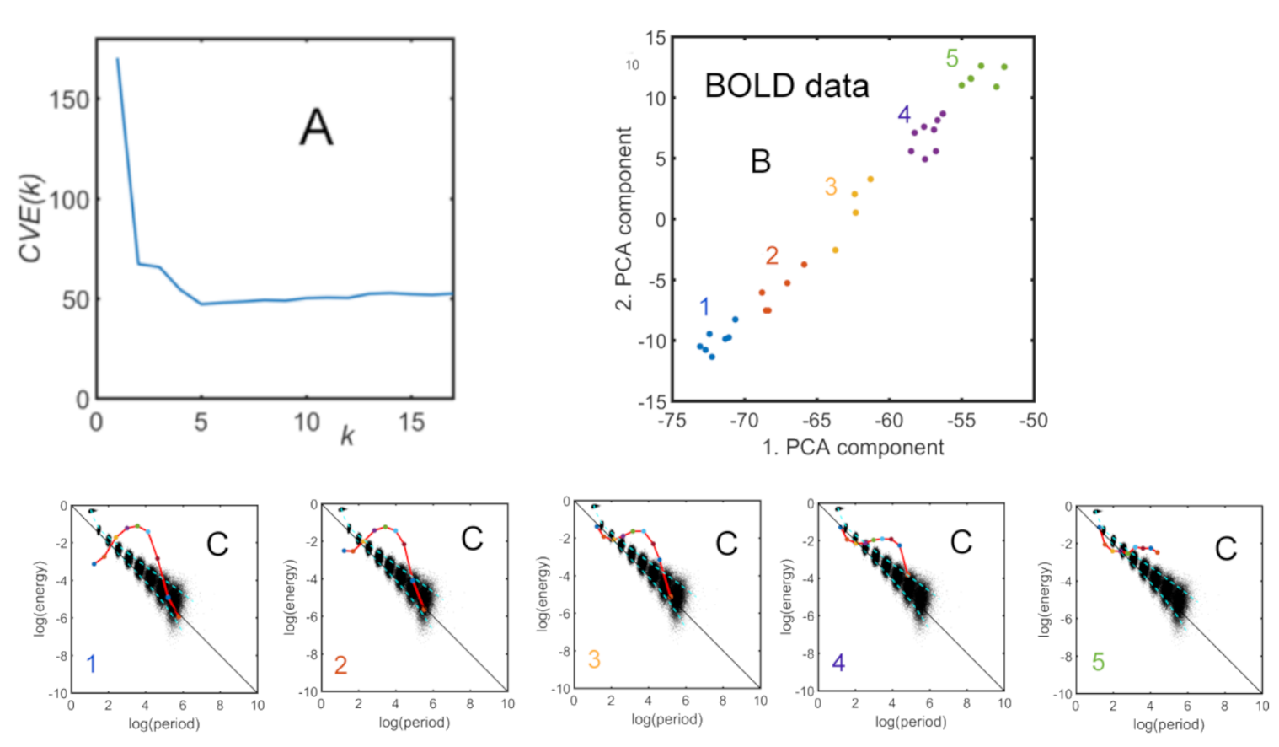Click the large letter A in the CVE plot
tap(316, 128)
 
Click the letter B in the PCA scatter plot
tap(760, 161)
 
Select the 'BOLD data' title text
tap(786, 86)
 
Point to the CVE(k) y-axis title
tap(31, 218)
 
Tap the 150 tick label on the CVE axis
tap(69, 99)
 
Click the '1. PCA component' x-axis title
tap(853, 448)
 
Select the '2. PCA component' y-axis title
tap(623, 218)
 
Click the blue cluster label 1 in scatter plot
tap(704, 307)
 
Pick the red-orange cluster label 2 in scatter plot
tap(772, 255)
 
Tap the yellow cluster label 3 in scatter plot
tap(831, 186)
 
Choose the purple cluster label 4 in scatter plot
tap(904, 115)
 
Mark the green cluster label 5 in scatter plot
tap(952, 58)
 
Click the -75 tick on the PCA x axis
tap(672, 420)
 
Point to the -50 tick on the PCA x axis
tap(1033, 420)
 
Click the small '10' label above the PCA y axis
tap(633, 65)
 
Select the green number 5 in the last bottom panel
tap(1098, 662)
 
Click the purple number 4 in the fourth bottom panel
tap(838, 663)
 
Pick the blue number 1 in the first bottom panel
tap(92, 664)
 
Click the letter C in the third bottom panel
tap(726, 544)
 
